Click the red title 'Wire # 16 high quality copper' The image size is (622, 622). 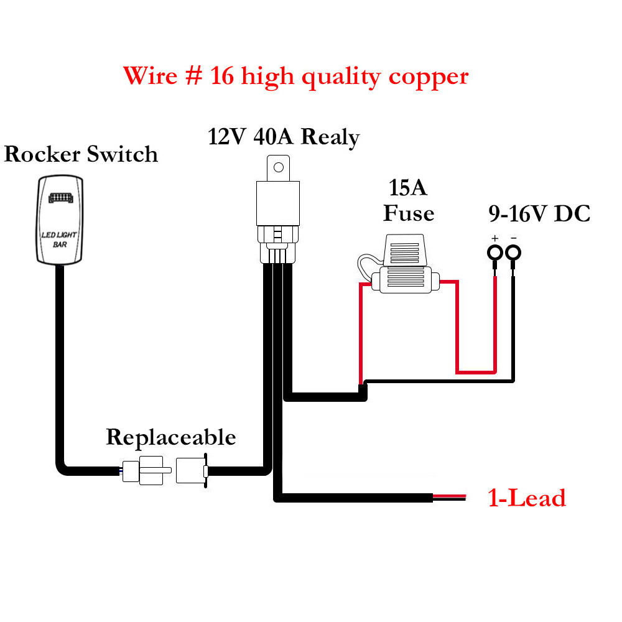pos(295,77)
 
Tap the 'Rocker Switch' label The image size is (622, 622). pos(81,154)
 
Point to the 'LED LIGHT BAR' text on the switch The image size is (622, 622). pos(59,239)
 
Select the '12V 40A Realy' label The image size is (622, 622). pos(284,136)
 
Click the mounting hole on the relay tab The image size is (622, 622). pos(279,167)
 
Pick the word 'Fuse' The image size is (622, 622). pos(408,213)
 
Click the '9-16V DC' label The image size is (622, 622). pos(539,214)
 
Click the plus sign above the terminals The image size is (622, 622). pos(495,238)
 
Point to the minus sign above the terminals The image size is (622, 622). pos(514,238)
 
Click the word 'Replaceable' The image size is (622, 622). pos(171,437)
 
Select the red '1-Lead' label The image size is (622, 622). pos(527,498)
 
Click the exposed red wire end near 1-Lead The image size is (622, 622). pos(449,495)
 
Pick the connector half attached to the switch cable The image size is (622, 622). pos(144,470)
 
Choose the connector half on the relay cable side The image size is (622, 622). pos(192,470)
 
